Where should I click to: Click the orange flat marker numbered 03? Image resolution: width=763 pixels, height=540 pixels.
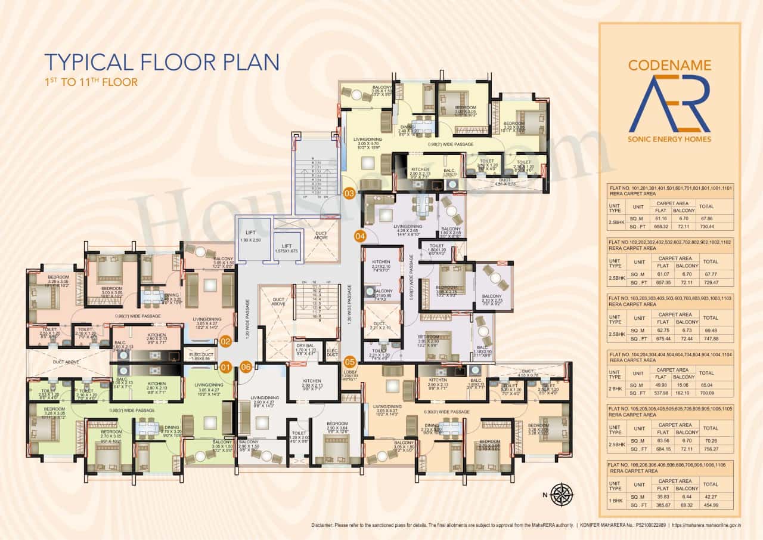[349, 193]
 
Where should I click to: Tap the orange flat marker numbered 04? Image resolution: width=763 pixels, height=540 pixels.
[360, 236]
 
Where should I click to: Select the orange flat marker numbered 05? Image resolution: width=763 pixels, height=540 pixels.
[349, 360]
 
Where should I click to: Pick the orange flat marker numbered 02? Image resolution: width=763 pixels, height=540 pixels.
[225, 341]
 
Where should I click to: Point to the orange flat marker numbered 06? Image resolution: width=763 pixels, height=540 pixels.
[246, 367]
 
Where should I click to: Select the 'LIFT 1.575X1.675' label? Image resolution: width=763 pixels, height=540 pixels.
[287, 248]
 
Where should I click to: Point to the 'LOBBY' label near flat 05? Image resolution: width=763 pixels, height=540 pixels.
[350, 374]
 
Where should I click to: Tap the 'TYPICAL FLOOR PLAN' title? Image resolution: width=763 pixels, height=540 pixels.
[162, 62]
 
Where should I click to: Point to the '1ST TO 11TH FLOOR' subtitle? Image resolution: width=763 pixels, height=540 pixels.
[91, 82]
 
